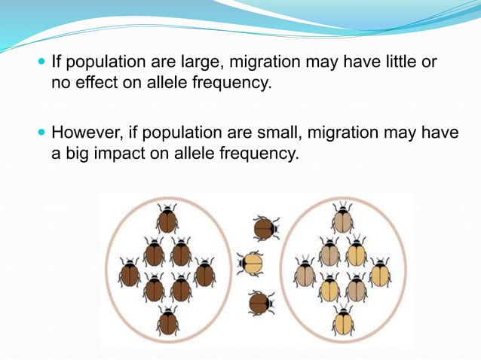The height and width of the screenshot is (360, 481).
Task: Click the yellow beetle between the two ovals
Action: tap(250, 264)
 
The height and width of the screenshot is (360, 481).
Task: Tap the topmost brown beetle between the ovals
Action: tap(265, 228)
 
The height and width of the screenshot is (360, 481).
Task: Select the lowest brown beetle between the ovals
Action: tap(260, 303)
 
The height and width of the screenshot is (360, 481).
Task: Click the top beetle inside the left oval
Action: tap(167, 219)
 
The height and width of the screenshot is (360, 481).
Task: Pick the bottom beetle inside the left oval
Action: tap(167, 322)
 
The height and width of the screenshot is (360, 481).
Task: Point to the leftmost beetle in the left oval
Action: tap(130, 273)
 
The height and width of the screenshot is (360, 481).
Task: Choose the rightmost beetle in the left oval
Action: tap(204, 273)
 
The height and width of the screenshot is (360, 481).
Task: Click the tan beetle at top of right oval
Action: tap(342, 219)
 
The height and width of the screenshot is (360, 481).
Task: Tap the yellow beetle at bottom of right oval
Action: tap(343, 322)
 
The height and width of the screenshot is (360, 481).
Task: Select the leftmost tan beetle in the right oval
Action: tap(305, 273)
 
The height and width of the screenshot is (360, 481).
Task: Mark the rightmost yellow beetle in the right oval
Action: tap(380, 273)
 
